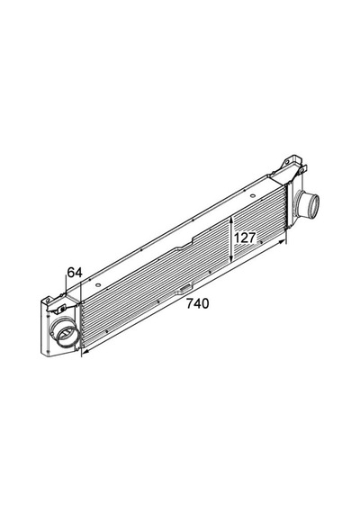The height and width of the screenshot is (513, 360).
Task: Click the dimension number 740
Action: click(x=197, y=303)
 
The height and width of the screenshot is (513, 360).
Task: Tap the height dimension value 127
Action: click(x=244, y=238)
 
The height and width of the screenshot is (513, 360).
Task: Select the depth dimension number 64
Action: click(x=75, y=272)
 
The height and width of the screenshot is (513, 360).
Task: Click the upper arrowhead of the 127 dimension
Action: click(x=231, y=220)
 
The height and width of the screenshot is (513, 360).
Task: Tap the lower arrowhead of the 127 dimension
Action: click(x=231, y=257)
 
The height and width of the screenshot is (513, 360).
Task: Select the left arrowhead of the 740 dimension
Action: click(x=85, y=352)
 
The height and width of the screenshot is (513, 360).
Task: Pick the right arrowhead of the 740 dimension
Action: click(x=282, y=241)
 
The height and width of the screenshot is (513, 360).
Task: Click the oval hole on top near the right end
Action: click(x=252, y=196)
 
